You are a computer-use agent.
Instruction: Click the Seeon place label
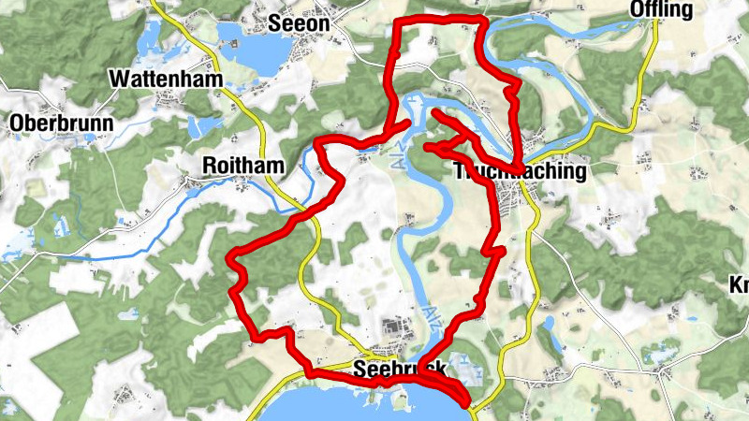coord(299,22)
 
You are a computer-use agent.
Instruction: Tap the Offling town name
coord(662,10)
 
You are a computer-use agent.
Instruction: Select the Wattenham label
coord(166,79)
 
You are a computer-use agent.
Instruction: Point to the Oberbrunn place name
coord(61,123)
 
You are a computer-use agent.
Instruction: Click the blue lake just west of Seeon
coord(251,47)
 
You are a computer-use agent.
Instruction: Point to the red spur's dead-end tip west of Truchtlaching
coord(428,147)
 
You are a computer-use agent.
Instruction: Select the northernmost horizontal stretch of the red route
coord(440,20)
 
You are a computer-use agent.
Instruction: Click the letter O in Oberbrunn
coord(17,123)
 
